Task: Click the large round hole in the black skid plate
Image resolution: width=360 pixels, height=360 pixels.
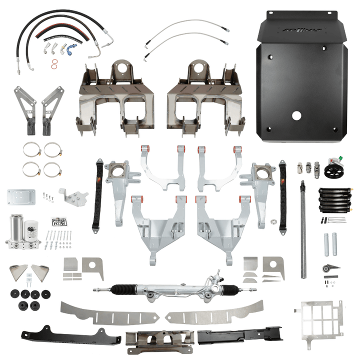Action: tap(296, 115)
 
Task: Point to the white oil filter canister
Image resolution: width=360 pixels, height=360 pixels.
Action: tap(35, 231)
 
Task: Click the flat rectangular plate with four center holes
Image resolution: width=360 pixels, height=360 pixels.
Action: tap(21, 196)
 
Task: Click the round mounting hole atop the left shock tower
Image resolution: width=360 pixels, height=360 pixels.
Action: tap(120, 68)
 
